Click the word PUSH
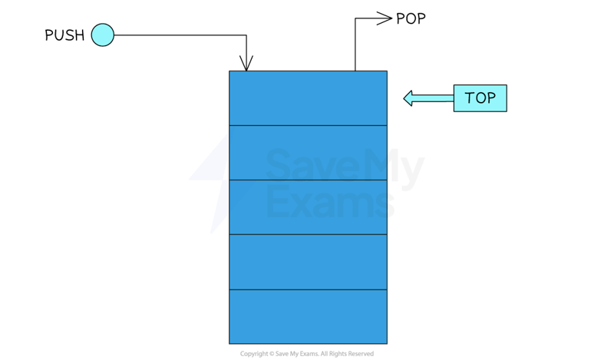coord(64,35)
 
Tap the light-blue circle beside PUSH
coord(102,35)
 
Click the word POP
coord(411,18)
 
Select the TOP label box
coord(480,98)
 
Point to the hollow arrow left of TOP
coord(427,98)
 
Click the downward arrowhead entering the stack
coord(246,63)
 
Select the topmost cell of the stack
coord(308,97)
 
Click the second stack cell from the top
coord(308,152)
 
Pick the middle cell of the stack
coord(308,206)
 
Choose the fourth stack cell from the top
coord(308,261)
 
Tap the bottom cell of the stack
coord(308,315)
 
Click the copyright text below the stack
coord(307,354)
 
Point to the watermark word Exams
coord(330,203)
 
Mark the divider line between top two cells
coord(308,125)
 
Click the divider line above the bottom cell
coord(308,289)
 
